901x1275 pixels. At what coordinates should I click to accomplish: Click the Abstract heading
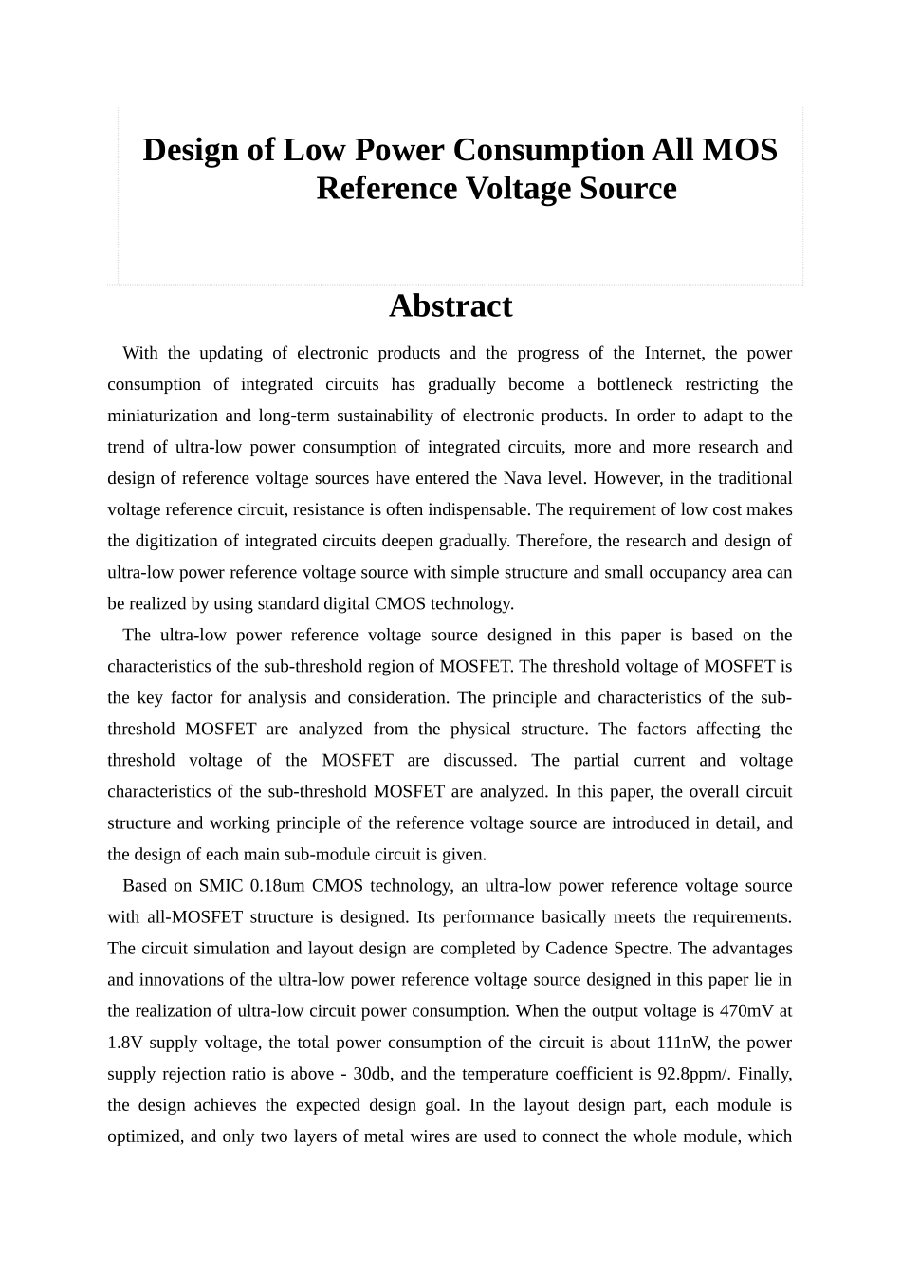point(450,306)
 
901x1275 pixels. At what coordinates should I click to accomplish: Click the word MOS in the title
point(740,150)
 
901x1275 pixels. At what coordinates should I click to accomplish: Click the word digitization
point(177,541)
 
